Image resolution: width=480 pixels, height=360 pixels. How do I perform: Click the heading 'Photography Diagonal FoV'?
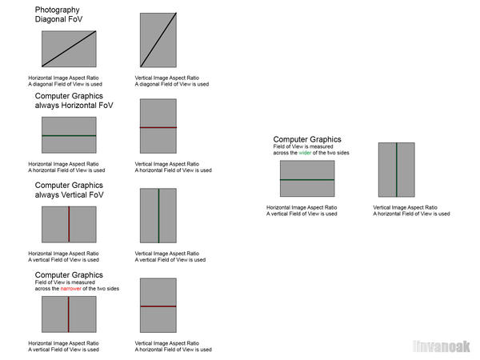coord(58,14)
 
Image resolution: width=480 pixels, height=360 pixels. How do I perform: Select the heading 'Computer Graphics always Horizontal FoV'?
coord(74,101)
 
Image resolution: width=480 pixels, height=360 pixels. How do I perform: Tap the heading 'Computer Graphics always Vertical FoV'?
coord(69,190)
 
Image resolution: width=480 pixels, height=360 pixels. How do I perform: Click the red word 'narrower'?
coord(70,288)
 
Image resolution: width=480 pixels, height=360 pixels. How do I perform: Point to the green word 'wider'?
coord(305,153)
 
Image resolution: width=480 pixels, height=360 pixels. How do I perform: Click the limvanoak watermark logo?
coord(441,346)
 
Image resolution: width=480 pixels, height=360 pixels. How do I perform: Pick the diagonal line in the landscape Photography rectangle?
coord(69,49)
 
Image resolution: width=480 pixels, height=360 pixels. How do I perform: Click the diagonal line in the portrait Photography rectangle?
coord(158,40)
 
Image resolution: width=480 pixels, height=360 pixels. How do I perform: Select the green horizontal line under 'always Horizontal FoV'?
coord(69,135)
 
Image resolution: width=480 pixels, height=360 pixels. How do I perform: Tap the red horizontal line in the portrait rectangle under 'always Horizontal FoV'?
coord(158,127)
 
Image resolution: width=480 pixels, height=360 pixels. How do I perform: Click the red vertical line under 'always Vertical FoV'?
coord(69,224)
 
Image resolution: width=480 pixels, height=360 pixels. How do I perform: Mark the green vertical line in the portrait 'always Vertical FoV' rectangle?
coord(158,215)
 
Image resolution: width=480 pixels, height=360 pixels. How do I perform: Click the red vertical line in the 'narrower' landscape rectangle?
coord(69,314)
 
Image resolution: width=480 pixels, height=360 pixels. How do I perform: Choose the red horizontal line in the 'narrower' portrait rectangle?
coord(158,306)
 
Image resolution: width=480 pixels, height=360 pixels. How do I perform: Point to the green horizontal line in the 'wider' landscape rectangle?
coord(307,180)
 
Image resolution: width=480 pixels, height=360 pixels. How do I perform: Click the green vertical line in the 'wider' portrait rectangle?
coord(397,170)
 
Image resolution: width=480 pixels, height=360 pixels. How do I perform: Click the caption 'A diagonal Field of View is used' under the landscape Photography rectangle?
coord(66,84)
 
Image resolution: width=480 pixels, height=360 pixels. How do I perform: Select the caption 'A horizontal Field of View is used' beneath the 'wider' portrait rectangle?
coord(411,214)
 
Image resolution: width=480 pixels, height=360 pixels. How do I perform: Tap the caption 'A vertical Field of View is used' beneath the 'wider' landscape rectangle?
coord(302,214)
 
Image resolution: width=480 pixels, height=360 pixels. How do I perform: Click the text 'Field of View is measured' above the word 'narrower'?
coord(65,282)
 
